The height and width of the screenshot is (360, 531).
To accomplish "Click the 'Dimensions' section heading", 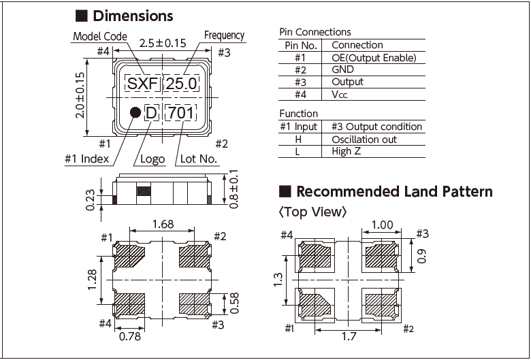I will coord(133,16).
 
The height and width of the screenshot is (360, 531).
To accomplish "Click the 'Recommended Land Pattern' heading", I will coord(394,191).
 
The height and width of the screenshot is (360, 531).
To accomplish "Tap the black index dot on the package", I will coord(135,113).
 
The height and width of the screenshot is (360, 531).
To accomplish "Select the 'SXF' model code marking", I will coord(142,84).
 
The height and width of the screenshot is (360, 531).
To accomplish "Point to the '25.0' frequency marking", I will coord(182,84).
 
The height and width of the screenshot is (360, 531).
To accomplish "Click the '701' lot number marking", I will coord(180,113).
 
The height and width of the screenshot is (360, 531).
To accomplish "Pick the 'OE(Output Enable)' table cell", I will coord(373,58).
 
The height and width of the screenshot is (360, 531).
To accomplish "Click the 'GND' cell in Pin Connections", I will coord(343,69).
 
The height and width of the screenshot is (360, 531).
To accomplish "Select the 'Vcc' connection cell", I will coord(340,95).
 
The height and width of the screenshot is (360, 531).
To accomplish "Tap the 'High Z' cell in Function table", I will coord(347,151).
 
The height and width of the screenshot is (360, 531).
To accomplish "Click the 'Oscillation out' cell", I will coord(364,139).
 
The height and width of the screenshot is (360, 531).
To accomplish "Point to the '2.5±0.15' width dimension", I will coord(162,43).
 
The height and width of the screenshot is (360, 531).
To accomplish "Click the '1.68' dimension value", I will coord(162,223).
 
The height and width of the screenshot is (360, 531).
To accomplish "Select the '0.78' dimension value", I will coord(130,336).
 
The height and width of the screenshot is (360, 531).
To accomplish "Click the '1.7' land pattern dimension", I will coord(349,336).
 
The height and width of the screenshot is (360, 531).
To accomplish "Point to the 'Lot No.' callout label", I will coord(198,159).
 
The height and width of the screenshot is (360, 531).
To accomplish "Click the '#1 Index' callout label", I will coord(86,159).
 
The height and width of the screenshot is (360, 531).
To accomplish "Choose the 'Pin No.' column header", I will coord(300,45).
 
